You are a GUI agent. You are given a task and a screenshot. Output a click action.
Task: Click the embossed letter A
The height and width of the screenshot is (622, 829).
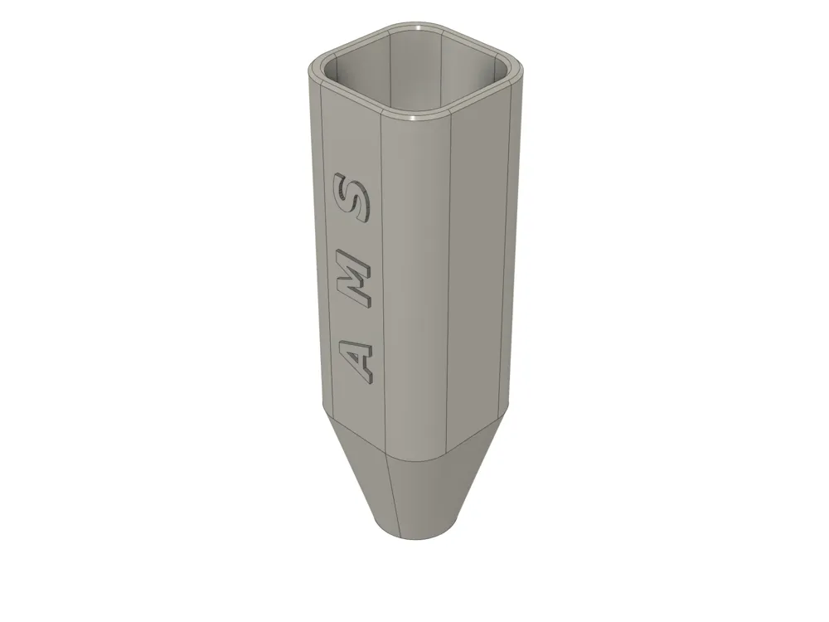click(x=357, y=359)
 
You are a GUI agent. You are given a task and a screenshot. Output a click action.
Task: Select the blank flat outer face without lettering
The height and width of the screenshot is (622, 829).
click(x=485, y=265)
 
